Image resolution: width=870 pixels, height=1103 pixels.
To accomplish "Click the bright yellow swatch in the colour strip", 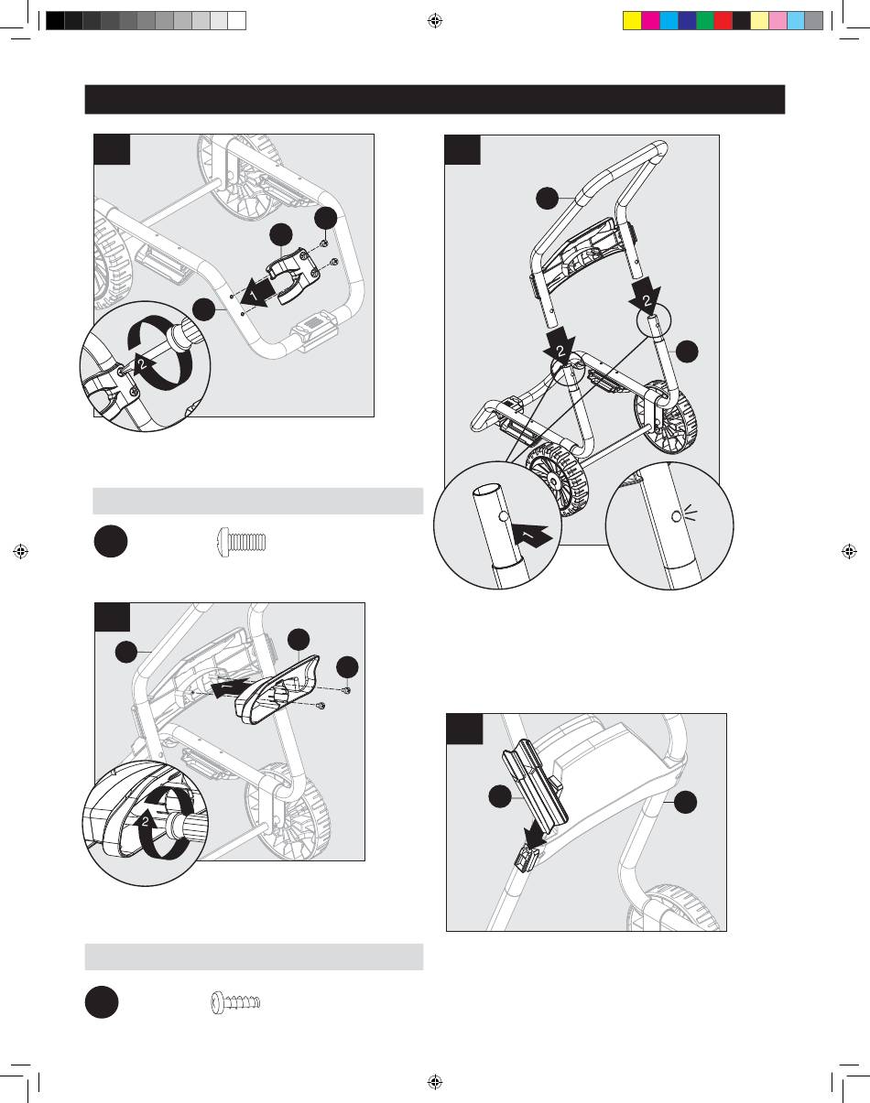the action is point(632,21).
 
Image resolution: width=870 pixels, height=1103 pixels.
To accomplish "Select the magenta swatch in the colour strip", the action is point(650,21).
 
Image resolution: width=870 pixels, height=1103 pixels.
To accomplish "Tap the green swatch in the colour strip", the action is point(705,21).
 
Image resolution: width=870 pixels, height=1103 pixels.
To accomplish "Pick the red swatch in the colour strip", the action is point(723,21).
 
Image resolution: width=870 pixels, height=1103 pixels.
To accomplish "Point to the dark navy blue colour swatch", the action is point(687,21).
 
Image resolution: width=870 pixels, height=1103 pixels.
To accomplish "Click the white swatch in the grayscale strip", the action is point(236,21).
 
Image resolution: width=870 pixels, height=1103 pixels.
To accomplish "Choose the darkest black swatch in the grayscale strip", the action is point(55,21).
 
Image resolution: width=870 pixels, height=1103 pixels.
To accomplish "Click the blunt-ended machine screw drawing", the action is point(242,542).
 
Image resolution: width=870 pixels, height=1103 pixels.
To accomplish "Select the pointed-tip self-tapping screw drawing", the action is point(236,1002).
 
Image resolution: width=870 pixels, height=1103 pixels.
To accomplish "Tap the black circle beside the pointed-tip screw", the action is point(102,1002).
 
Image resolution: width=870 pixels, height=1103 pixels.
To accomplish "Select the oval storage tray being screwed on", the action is point(277,689).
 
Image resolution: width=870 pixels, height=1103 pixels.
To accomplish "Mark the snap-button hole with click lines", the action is point(677,516).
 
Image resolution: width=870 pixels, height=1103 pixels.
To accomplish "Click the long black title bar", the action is point(434,100).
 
